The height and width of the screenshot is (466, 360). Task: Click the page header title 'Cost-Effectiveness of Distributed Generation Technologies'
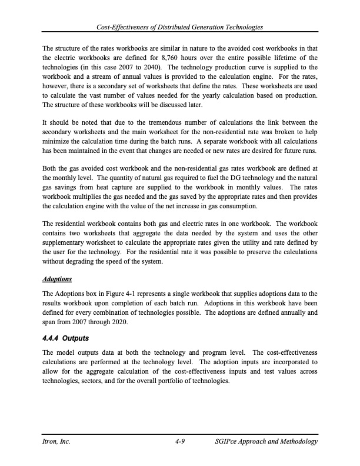(180, 28)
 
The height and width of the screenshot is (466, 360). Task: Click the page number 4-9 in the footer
(180, 441)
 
